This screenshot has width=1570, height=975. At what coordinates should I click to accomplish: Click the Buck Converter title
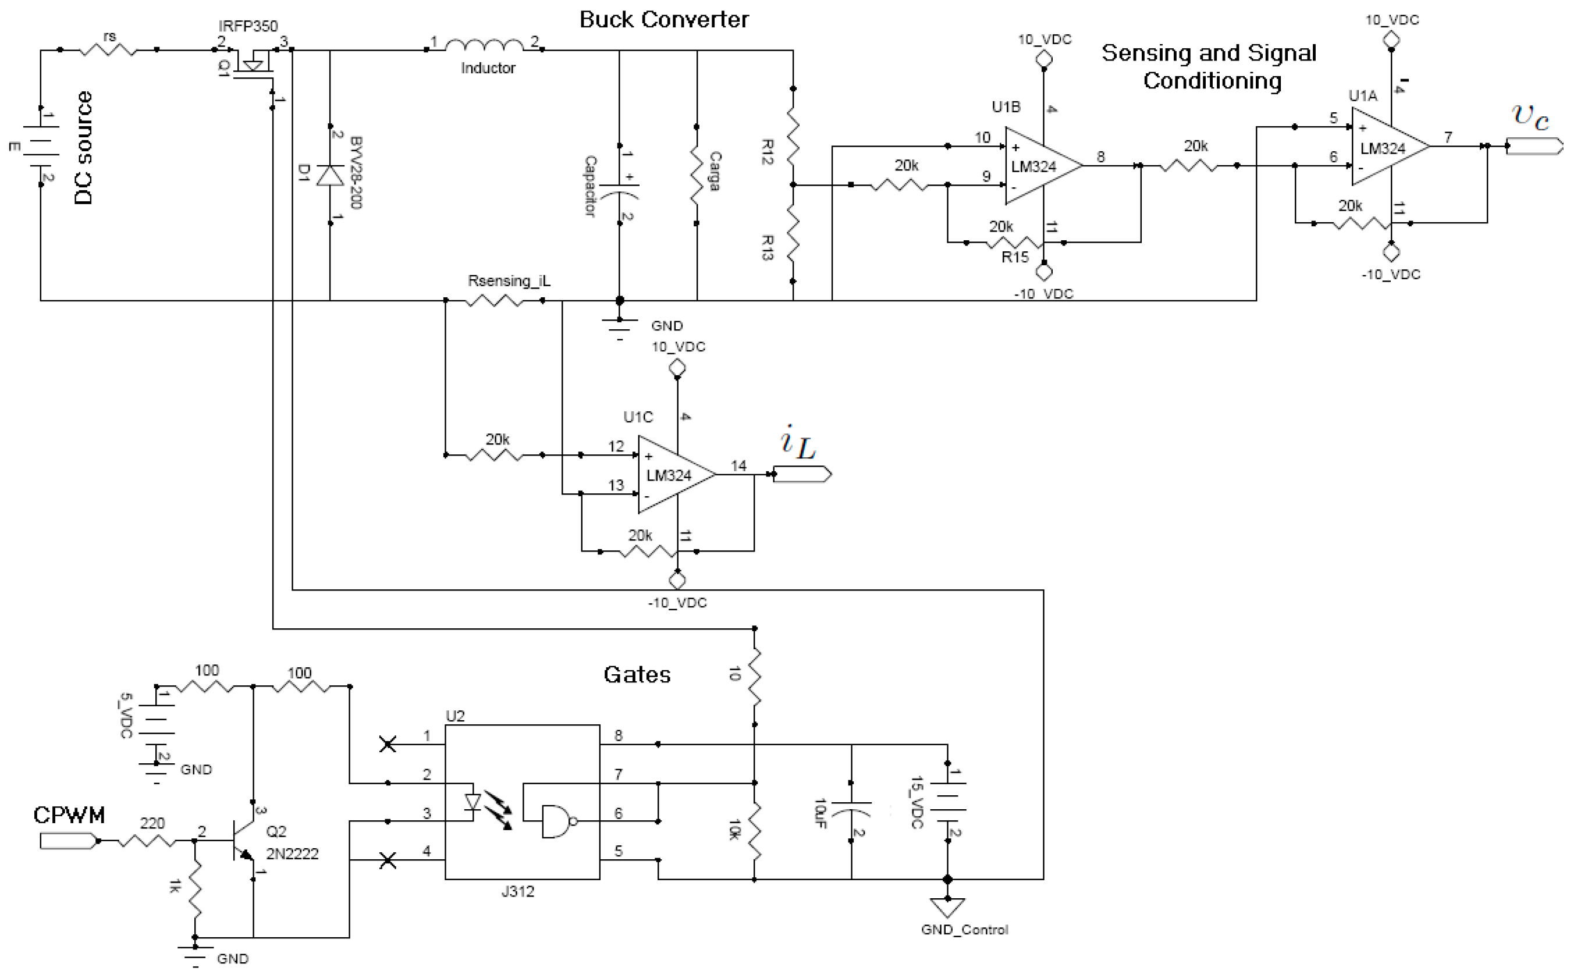[664, 19]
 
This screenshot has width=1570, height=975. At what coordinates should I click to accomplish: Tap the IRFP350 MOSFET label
[248, 26]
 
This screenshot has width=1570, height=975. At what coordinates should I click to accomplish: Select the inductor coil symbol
[484, 45]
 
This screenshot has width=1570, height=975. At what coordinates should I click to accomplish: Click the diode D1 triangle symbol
[331, 176]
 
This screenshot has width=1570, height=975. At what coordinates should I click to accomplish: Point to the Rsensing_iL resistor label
[509, 281]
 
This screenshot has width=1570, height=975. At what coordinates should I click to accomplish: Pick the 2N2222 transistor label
[292, 854]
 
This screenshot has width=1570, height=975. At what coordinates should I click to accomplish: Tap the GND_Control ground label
[964, 930]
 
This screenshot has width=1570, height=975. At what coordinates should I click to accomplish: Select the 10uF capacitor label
[820, 814]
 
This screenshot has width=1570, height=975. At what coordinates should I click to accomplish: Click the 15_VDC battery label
[917, 802]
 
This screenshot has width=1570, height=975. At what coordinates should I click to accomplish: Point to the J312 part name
[517, 892]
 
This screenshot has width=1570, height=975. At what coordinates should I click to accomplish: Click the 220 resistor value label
[152, 824]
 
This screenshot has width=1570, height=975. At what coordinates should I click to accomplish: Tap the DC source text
[84, 148]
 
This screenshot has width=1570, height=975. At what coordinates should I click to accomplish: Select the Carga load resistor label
[715, 172]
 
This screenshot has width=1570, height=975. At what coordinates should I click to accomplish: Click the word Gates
[637, 674]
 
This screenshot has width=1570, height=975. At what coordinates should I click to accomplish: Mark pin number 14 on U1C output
[738, 465]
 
